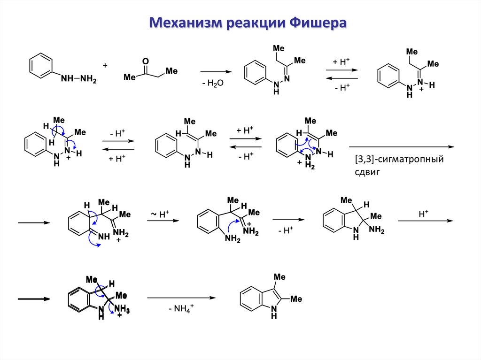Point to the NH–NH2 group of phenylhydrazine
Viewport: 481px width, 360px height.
(x=78, y=79)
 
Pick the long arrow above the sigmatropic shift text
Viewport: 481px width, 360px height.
(x=402, y=147)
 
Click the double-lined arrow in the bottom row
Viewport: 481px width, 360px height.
(x=33, y=299)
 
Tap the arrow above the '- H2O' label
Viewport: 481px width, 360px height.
(x=217, y=71)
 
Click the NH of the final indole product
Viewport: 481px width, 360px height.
(x=274, y=313)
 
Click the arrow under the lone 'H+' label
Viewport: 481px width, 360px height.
(x=425, y=221)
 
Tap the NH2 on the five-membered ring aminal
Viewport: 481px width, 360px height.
(x=376, y=229)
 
